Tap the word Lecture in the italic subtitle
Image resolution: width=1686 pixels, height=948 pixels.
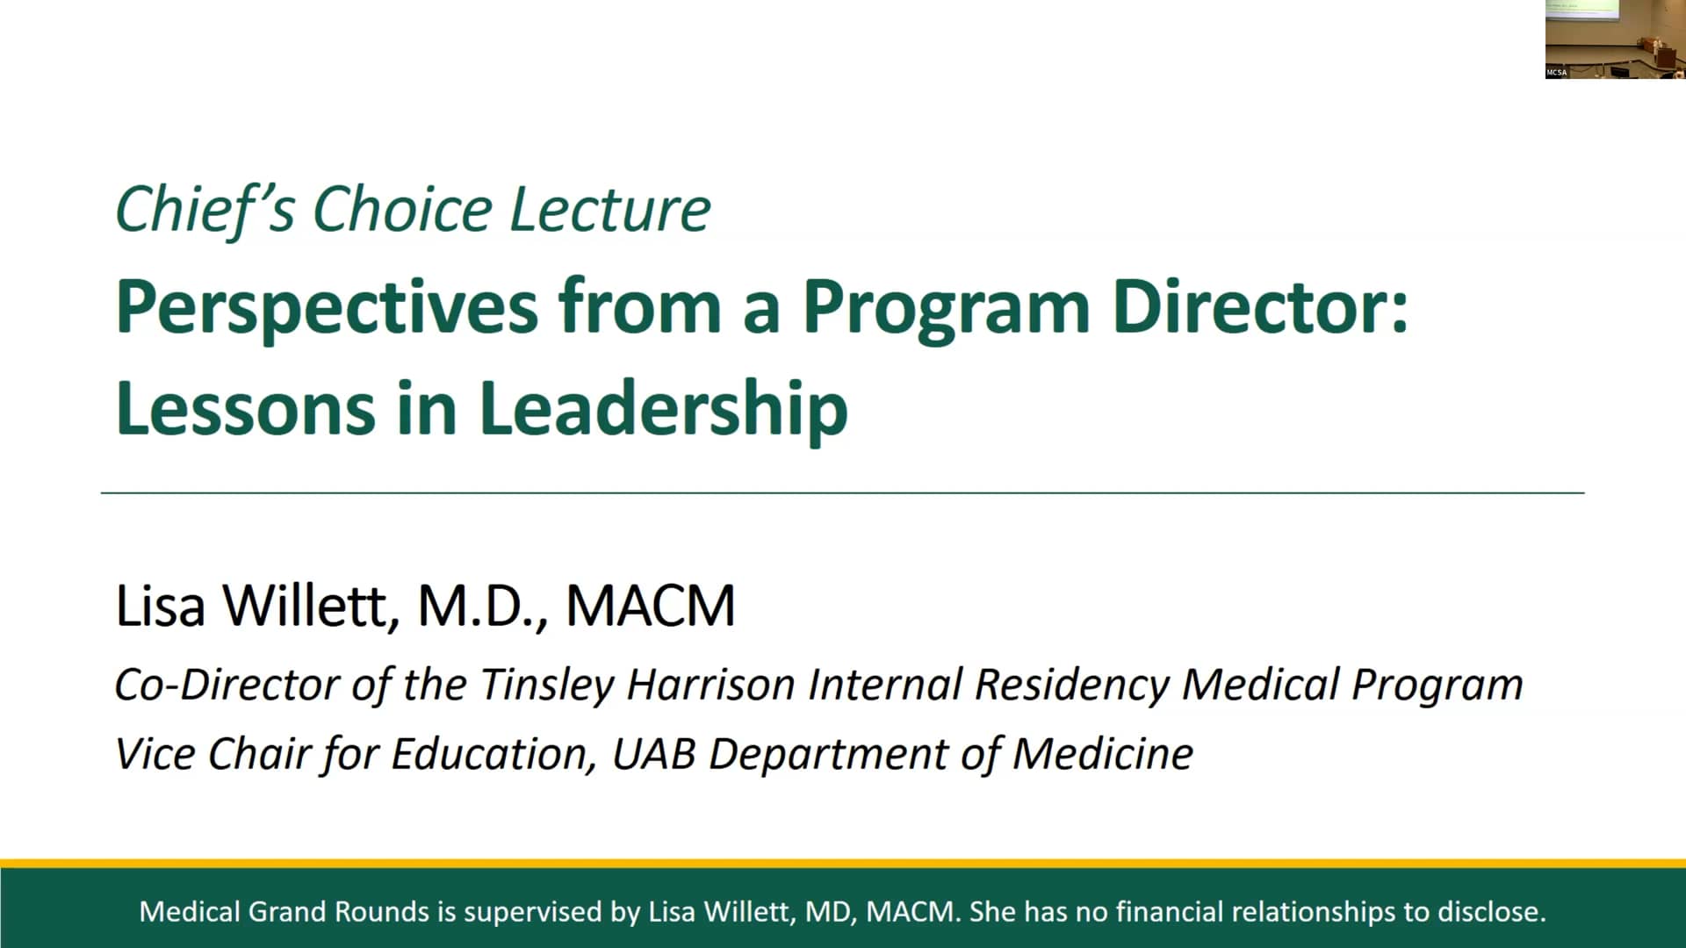pos(610,210)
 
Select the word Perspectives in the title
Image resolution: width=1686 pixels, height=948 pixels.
pos(327,308)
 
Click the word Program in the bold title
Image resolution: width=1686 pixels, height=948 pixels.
pos(945,308)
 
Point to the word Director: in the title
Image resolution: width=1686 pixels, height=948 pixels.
pos(1260,308)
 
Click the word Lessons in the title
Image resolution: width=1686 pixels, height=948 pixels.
pos(245,409)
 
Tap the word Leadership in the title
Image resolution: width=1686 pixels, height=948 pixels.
pos(664,409)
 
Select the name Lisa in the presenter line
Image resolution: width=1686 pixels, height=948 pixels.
pos(161,606)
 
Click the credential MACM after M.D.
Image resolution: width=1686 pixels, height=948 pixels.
pos(651,606)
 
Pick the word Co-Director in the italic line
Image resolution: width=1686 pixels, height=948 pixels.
pos(227,685)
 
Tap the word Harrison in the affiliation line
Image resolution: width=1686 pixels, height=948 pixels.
pos(710,685)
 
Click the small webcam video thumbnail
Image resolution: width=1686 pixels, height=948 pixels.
pos(1615,39)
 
